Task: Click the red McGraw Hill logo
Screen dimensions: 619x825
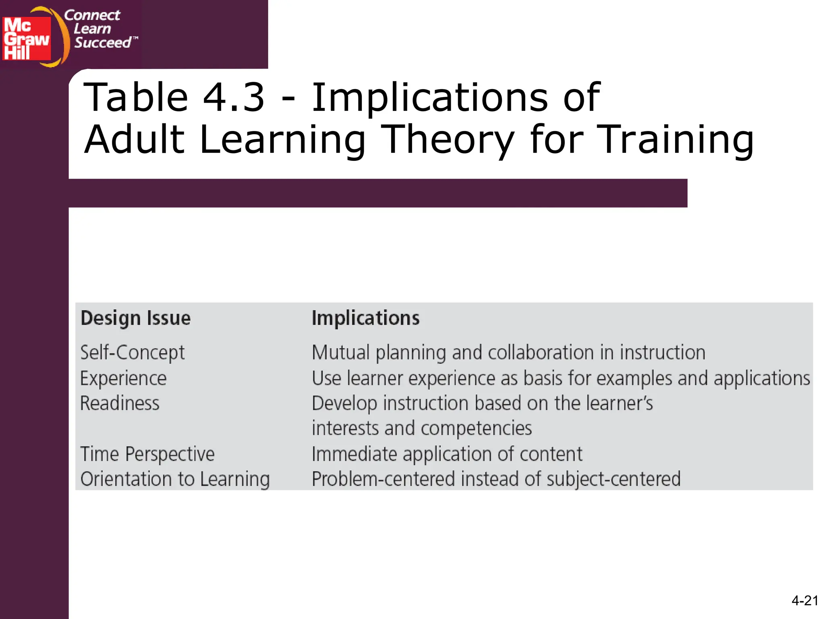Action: (27, 38)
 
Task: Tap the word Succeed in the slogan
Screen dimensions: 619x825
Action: (103, 42)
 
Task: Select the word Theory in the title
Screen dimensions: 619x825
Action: (448, 139)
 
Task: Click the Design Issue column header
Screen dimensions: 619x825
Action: (135, 318)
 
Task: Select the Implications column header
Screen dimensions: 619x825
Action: (365, 318)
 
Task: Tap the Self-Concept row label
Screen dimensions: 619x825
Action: (133, 353)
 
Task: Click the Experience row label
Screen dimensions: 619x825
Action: (123, 378)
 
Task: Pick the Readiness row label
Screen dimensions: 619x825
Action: (120, 403)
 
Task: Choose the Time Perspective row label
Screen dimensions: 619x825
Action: (147, 454)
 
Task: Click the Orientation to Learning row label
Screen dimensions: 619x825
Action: (175, 479)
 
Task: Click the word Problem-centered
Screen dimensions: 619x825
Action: (383, 479)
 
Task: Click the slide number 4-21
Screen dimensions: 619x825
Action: (804, 600)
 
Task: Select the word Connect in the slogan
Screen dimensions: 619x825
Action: (92, 15)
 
